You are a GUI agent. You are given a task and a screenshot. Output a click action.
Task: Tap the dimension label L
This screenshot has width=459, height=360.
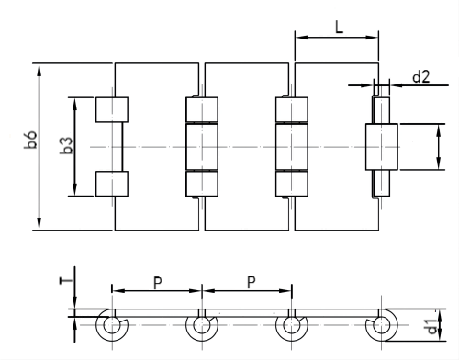pyautogui.click(x=338, y=28)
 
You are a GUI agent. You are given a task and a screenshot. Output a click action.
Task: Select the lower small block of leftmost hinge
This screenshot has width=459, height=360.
pyautogui.click(x=112, y=183)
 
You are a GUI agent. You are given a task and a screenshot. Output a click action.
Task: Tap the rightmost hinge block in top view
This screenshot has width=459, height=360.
pyautogui.click(x=381, y=146)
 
